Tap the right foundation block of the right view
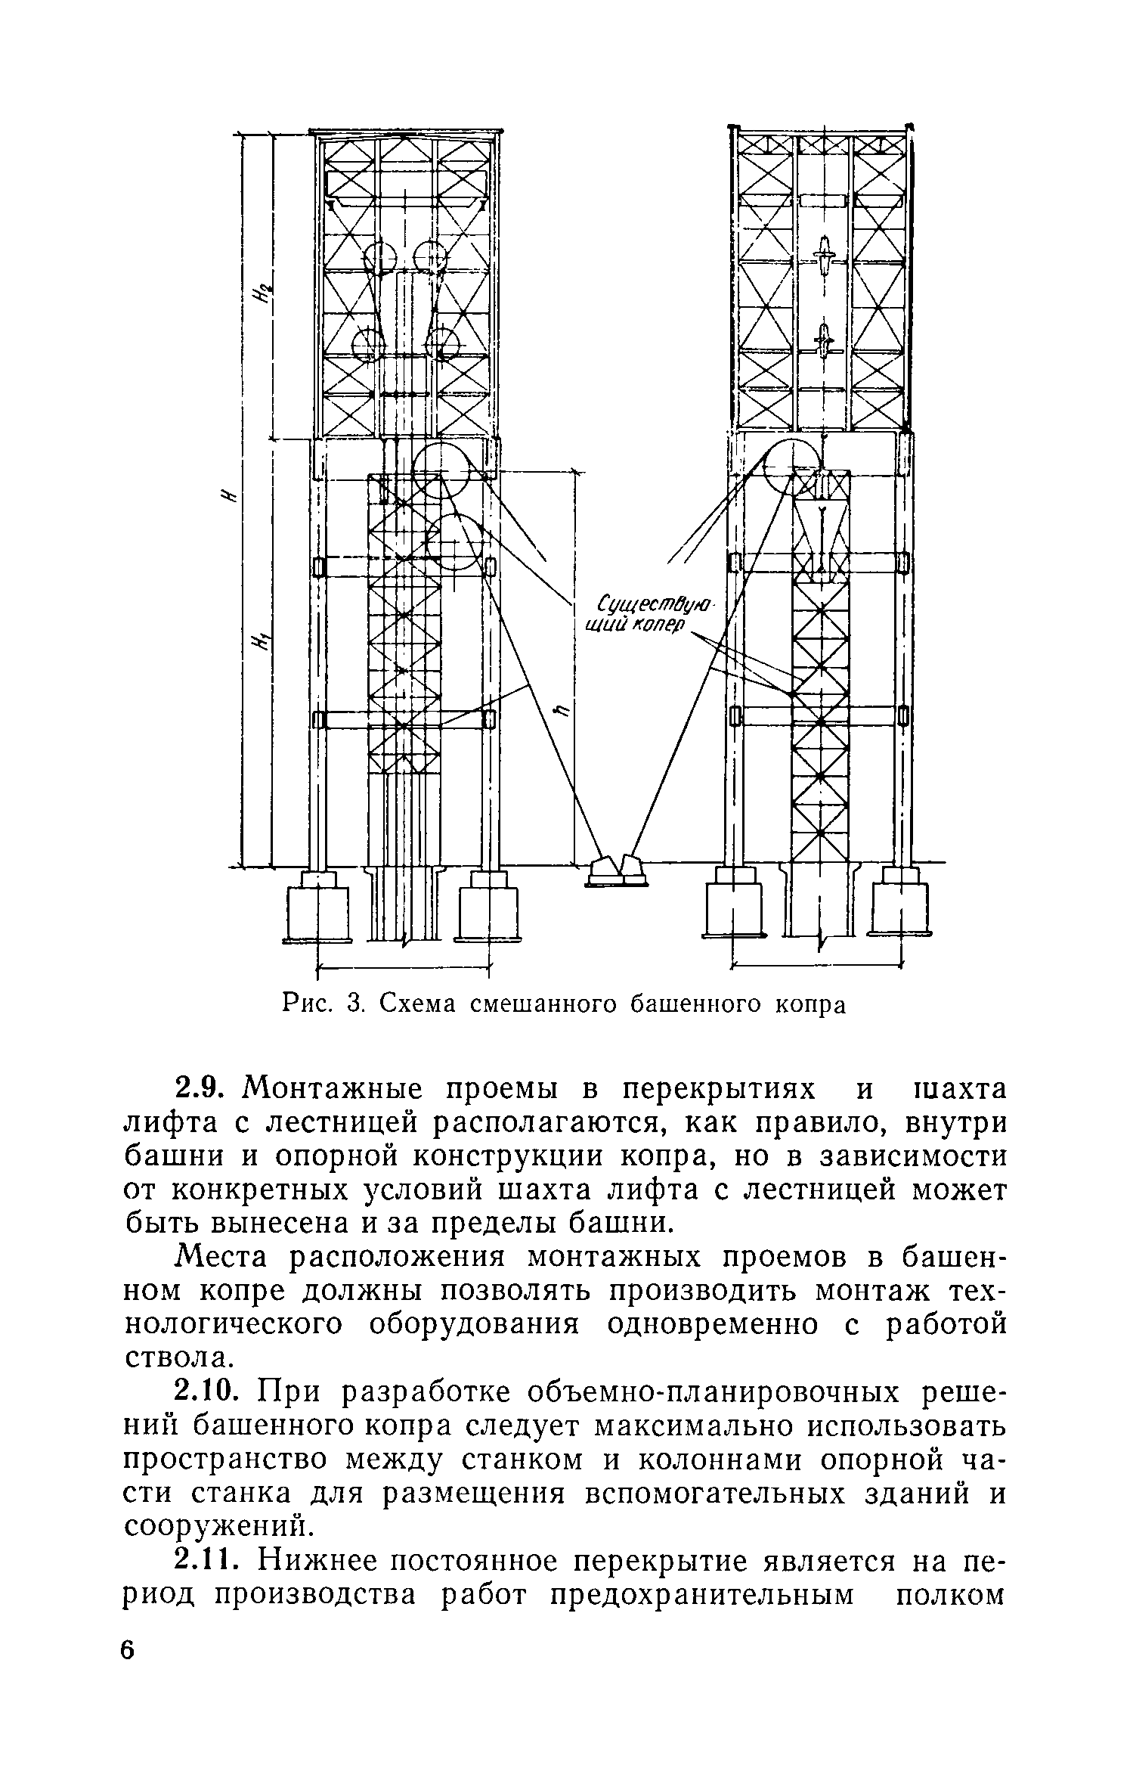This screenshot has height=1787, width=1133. (x=901, y=905)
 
